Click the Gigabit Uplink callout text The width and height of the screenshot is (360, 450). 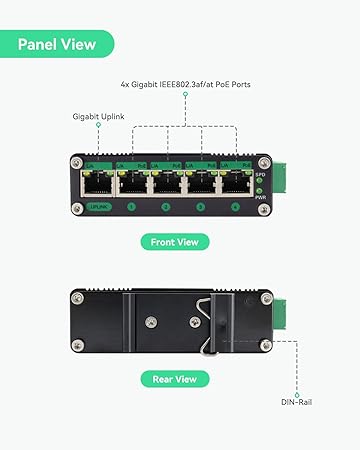click(x=99, y=116)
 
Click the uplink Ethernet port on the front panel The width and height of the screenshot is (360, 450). click(x=98, y=182)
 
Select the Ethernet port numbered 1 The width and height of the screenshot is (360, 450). click(x=132, y=182)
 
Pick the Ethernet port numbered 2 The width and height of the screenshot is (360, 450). click(x=166, y=182)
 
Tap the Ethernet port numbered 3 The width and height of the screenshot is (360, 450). click(x=201, y=182)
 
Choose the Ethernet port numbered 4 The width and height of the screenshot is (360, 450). click(x=235, y=182)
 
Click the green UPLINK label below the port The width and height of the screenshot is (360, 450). click(x=98, y=207)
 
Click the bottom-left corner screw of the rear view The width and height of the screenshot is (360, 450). click(x=78, y=345)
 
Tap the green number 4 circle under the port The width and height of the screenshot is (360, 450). click(x=235, y=207)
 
